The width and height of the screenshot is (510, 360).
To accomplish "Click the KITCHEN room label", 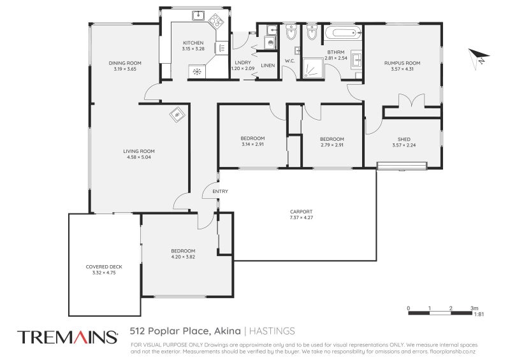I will pyautogui.click(x=193, y=43).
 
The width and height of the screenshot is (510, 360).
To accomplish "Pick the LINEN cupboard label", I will pyautogui.click(x=268, y=66).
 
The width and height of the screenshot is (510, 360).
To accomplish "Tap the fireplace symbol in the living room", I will pyautogui.click(x=177, y=114).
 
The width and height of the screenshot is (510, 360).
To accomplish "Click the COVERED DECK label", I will pyautogui.click(x=104, y=266).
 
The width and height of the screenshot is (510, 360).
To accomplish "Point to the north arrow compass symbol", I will pyautogui.click(x=478, y=57).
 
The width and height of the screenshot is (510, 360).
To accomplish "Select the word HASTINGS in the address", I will pyautogui.click(x=272, y=331).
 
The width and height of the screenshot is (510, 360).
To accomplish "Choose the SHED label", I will pyautogui.click(x=403, y=139).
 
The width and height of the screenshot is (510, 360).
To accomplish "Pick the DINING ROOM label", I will pyautogui.click(x=125, y=63).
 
